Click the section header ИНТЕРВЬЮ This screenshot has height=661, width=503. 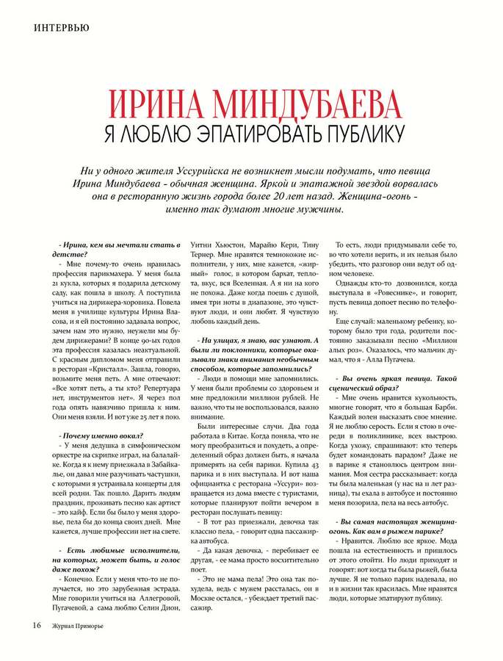(61, 29)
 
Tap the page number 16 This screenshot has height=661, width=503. (36, 626)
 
